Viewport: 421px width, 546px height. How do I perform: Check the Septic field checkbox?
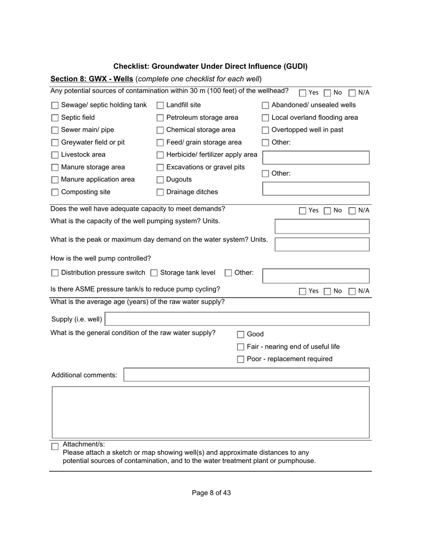click(55, 118)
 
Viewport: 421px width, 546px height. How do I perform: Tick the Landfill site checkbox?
click(160, 106)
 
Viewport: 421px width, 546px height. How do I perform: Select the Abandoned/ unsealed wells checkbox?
click(265, 106)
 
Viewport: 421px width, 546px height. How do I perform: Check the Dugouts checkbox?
click(160, 180)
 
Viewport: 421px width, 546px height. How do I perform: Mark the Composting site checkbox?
click(55, 192)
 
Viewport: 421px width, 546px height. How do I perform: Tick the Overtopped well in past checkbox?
click(265, 131)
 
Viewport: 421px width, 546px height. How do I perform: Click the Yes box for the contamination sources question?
click(303, 93)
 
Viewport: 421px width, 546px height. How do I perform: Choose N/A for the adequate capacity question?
click(352, 211)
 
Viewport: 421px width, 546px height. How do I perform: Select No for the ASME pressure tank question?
click(327, 292)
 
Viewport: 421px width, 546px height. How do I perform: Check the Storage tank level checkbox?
click(154, 273)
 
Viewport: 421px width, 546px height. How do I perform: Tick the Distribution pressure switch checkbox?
click(55, 273)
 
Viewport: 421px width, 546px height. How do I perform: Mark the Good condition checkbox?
click(241, 335)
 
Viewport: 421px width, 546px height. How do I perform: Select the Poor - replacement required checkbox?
click(241, 360)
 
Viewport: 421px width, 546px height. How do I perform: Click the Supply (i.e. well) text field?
click(237, 319)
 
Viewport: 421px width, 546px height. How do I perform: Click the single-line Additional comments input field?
click(246, 375)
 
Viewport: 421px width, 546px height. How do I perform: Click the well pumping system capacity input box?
click(322, 226)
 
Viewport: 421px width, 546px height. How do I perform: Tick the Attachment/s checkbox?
click(55, 447)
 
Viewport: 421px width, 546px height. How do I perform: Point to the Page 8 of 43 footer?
click(211, 493)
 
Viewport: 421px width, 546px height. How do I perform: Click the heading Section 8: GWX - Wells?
click(92, 79)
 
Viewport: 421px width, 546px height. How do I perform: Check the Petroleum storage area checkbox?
click(160, 118)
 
